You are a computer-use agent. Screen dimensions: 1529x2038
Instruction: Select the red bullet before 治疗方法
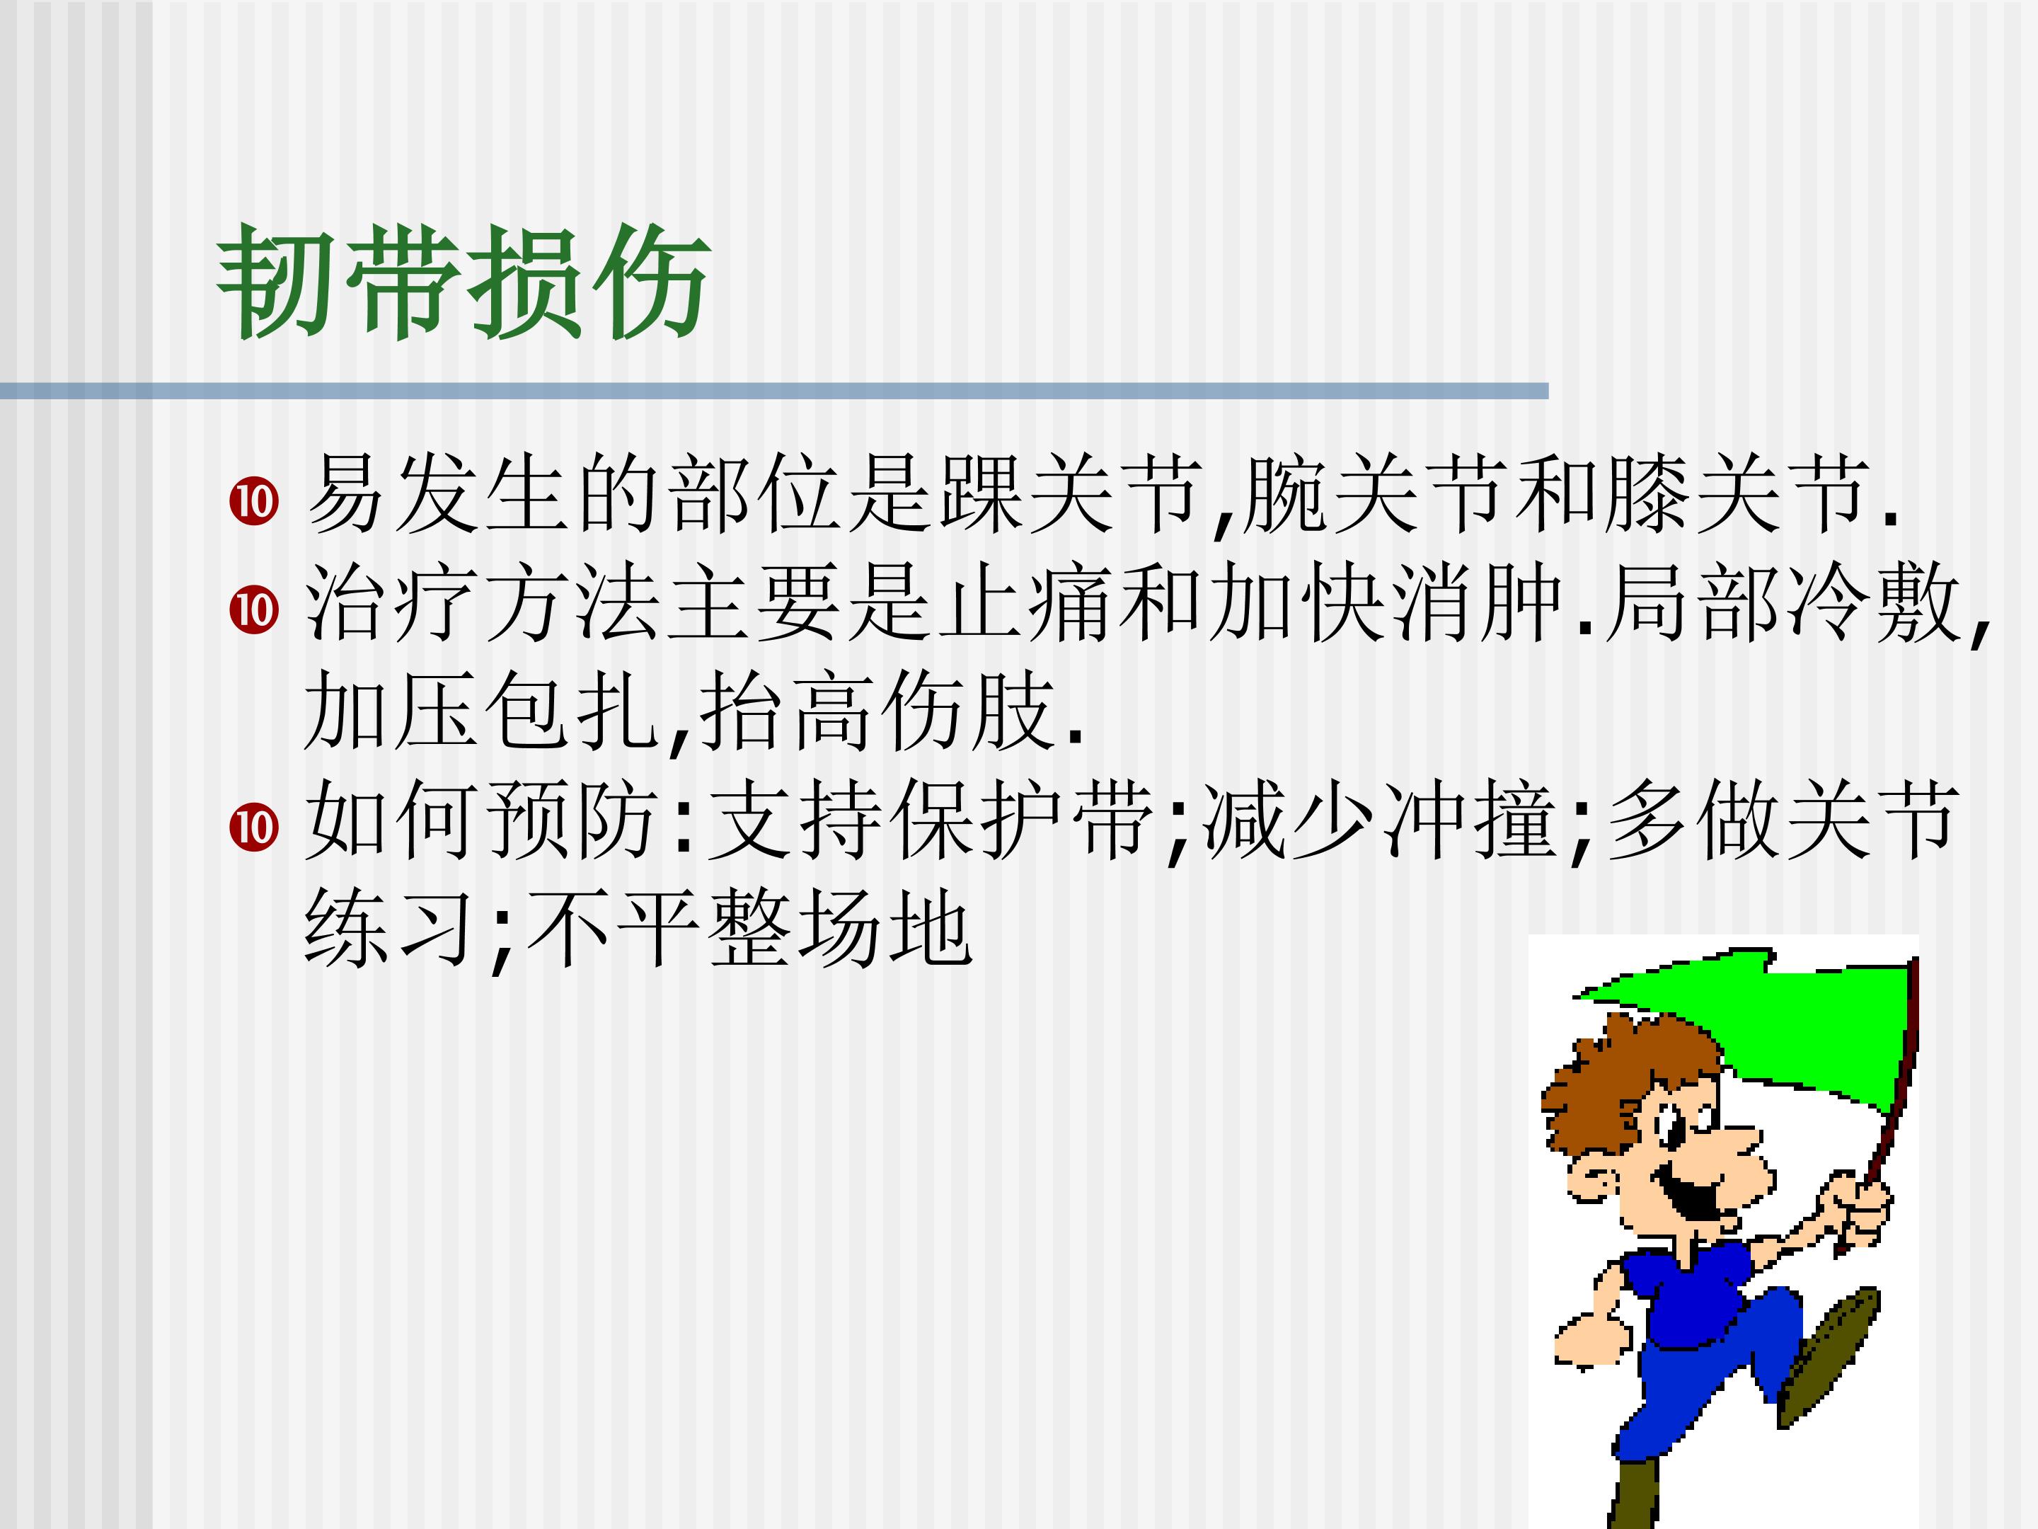[253, 609]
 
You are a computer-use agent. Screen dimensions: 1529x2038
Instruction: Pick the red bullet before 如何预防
[253, 827]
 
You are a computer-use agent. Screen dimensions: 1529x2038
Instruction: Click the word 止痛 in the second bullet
[1025, 604]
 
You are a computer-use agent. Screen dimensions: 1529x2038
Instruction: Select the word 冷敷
[1873, 604]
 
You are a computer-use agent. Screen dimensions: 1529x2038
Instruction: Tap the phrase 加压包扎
[480, 711]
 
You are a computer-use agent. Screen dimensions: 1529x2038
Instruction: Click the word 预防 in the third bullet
[571, 820]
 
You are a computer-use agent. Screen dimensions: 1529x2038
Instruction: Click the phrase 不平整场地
[749, 929]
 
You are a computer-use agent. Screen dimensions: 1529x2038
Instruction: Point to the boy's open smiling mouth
[1691, 1198]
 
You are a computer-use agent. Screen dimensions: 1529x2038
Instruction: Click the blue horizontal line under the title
[774, 391]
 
